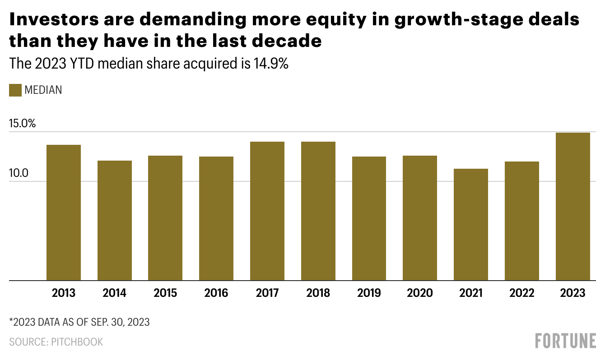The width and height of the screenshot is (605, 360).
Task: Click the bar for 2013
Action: (x=64, y=212)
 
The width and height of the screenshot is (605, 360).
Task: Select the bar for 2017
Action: (x=267, y=211)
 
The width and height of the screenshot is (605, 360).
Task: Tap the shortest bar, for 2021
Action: (x=471, y=224)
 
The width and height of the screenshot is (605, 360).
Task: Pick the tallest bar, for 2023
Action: (x=572, y=206)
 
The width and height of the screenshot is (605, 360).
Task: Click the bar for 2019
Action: (x=369, y=218)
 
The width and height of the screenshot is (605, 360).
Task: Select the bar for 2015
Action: (x=165, y=218)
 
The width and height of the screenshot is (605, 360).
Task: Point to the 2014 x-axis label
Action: (x=114, y=293)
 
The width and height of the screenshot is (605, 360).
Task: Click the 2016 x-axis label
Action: (x=216, y=293)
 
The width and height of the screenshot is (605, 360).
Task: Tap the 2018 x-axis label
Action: (x=318, y=293)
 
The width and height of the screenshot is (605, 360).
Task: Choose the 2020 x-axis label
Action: (x=420, y=293)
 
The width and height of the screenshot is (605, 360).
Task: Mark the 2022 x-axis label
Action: (x=522, y=293)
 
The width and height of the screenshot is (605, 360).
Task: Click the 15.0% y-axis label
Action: (x=22, y=124)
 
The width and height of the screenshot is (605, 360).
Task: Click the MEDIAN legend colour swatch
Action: (x=15, y=90)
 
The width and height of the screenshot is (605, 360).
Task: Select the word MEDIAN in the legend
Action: (x=43, y=90)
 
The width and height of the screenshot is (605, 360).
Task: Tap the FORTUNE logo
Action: (x=565, y=341)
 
